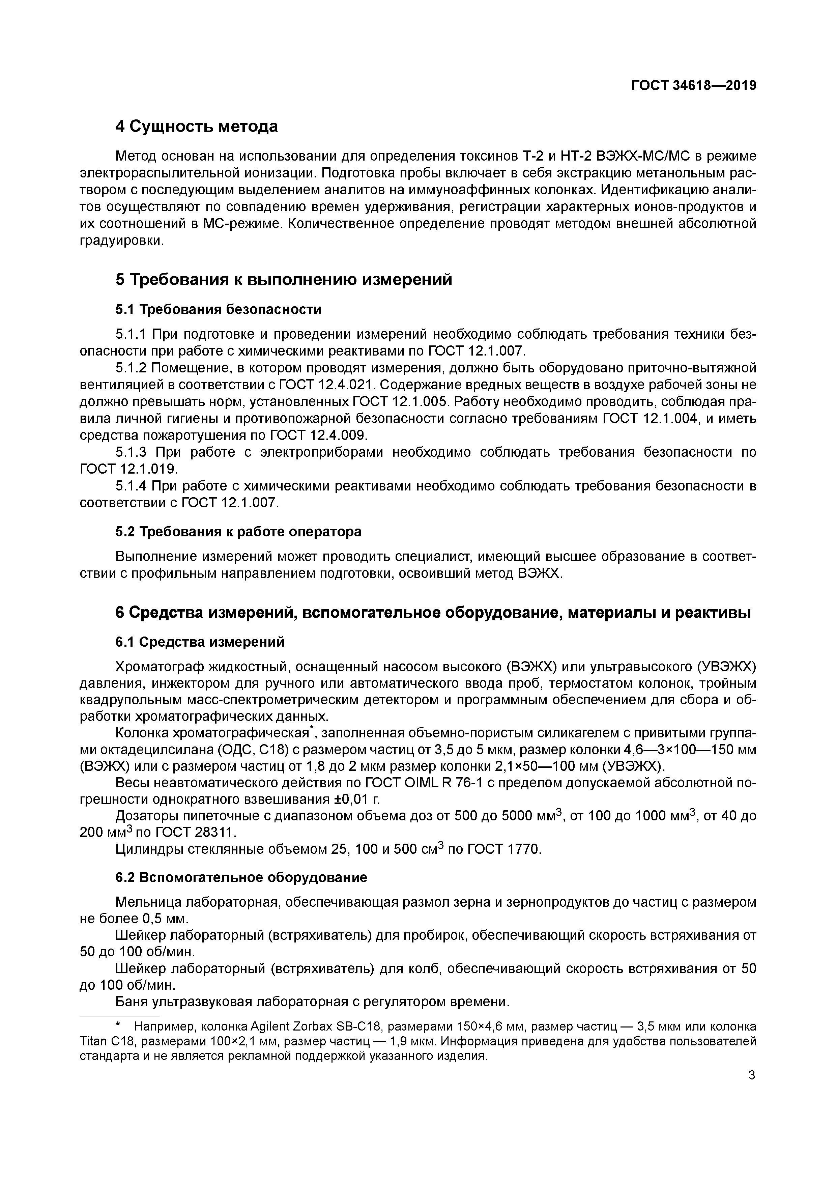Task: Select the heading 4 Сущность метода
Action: (196, 126)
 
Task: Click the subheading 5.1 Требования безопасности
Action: (219, 310)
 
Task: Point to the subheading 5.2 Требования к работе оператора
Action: (238, 532)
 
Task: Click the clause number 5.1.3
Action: (131, 452)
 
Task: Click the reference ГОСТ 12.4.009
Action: (318, 435)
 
